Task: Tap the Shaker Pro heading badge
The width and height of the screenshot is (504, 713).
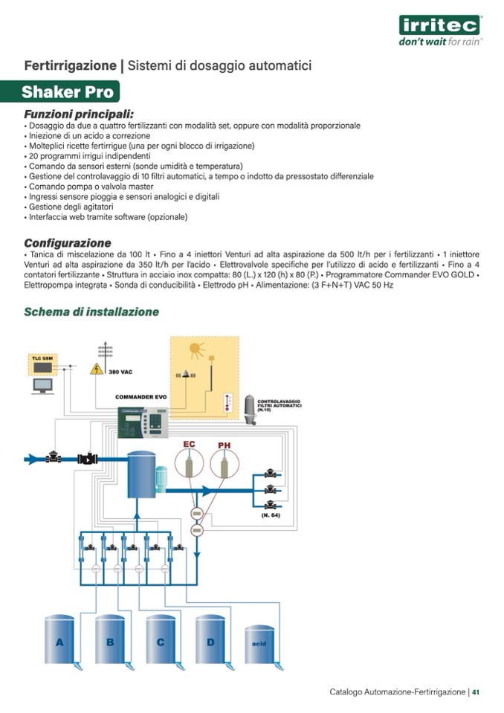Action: tap(68, 93)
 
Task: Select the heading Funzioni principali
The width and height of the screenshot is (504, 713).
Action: tap(79, 114)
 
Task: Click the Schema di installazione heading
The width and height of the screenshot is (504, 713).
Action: tap(91, 312)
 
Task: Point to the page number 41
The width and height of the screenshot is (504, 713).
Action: tap(476, 692)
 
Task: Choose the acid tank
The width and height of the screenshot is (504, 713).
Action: tap(259, 645)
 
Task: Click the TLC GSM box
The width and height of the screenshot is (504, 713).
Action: tap(42, 364)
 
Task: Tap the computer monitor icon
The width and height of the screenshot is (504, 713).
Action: tap(42, 386)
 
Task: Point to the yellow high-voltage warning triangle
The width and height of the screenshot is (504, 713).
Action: tap(97, 369)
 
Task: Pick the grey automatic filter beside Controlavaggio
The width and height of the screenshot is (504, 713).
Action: tap(251, 408)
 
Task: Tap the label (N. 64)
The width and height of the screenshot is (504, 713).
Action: tap(271, 514)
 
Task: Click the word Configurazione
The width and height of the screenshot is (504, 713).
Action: tap(68, 243)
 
